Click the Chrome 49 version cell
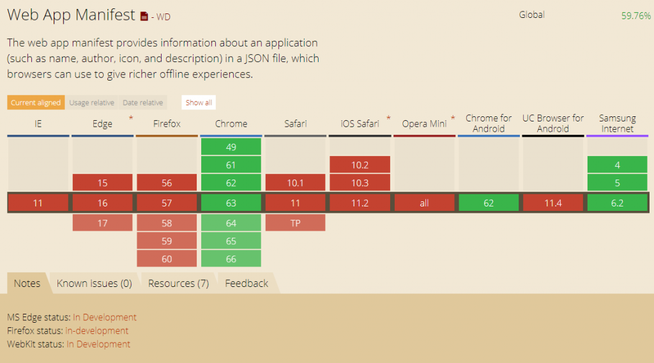coord(231,147)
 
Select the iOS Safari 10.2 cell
coord(360,165)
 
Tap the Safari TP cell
coord(295,223)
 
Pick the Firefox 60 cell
coord(167,259)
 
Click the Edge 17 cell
coord(103,223)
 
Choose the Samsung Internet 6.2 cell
coord(618,203)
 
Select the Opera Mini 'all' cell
coord(424,203)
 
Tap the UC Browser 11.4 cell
coord(553,203)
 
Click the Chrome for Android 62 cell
coord(489,203)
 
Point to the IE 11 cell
coord(38,203)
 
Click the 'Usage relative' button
coord(92,103)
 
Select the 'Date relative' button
coord(142,103)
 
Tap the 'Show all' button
coord(199,103)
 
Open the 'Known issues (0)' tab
coord(95,283)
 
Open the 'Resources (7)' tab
coord(179,283)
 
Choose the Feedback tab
coord(247,283)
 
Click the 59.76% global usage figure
coord(635,16)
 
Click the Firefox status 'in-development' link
coord(97,331)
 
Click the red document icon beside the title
coord(144,16)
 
